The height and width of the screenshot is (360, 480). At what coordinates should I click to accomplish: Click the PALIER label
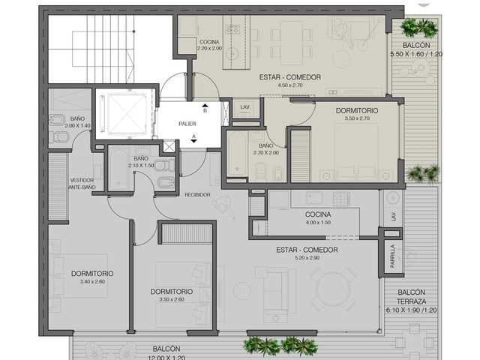(187, 124)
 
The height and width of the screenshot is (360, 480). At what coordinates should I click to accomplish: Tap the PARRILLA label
(392, 256)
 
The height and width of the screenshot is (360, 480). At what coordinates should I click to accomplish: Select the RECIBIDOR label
(197, 195)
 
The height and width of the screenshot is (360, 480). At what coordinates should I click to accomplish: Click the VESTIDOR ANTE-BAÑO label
(82, 184)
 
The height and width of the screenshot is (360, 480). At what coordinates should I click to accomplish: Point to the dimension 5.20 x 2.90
(307, 258)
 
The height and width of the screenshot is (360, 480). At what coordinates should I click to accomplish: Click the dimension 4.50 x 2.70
(290, 85)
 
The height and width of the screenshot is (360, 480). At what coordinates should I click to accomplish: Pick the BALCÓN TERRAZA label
(412, 297)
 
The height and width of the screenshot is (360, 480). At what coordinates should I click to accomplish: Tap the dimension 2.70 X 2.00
(266, 152)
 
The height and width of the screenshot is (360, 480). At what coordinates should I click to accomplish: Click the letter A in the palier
(193, 136)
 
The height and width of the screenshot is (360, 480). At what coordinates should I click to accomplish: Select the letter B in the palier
(205, 110)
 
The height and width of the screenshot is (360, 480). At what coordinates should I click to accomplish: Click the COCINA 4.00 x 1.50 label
(318, 218)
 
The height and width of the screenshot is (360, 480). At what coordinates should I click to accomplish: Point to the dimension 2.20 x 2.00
(210, 48)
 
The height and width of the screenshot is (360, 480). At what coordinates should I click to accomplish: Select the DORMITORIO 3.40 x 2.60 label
(92, 277)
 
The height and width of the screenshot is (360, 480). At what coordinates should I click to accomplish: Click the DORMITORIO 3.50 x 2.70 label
(357, 114)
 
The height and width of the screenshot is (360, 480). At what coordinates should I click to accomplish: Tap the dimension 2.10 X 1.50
(141, 165)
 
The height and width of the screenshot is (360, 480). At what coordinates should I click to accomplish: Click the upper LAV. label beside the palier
(245, 107)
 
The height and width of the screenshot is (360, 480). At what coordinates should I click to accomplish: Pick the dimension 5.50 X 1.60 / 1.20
(416, 54)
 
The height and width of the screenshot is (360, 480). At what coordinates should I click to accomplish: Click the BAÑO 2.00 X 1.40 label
(77, 121)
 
